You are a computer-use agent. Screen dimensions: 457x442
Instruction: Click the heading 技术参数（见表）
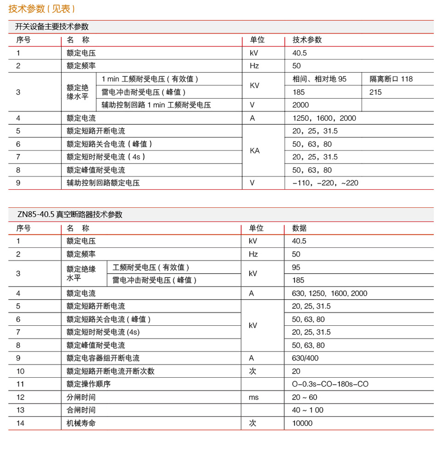[42, 8]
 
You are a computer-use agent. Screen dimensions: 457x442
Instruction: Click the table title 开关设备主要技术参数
[52, 27]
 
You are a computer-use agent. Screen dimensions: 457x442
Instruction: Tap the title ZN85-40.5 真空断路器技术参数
[70, 215]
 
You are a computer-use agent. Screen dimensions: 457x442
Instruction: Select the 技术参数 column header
[307, 40]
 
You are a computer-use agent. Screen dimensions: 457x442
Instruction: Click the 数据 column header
[299, 228]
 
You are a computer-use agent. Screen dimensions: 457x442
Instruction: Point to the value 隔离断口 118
[391, 79]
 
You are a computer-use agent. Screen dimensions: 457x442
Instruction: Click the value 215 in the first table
[376, 92]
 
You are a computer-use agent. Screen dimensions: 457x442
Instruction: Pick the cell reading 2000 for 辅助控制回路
[301, 105]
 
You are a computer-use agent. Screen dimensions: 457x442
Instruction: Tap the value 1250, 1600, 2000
[324, 118]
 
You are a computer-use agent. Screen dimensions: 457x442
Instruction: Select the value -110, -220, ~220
[325, 183]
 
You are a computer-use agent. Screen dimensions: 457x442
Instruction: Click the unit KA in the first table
[255, 151]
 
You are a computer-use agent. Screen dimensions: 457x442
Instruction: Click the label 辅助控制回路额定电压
[103, 183]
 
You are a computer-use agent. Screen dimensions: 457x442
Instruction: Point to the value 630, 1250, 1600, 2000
[330, 293]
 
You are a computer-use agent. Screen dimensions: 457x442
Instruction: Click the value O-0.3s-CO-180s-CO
[330, 384]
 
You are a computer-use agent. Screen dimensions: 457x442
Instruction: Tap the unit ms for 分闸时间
[254, 397]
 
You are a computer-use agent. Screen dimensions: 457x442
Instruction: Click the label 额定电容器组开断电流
[103, 358]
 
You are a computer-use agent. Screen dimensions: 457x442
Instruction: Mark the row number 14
[20, 423]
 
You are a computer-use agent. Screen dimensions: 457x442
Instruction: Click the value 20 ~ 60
[304, 397]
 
